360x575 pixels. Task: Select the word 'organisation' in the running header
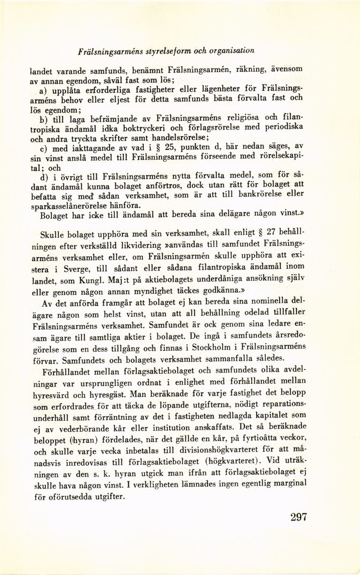click(232, 50)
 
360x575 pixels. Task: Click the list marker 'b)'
click(45, 117)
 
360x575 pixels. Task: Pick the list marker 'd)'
click(45, 176)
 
